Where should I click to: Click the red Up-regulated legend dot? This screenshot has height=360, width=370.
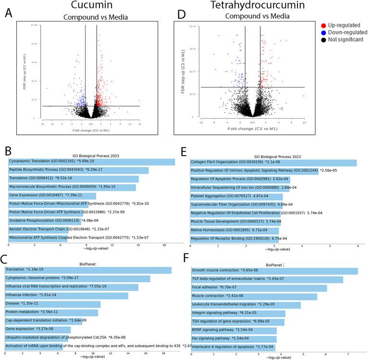click(325, 24)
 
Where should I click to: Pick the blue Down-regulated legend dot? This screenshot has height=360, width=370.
click(325, 32)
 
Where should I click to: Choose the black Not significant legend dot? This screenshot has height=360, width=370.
click(325, 39)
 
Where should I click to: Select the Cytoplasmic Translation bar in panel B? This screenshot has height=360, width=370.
click(91, 162)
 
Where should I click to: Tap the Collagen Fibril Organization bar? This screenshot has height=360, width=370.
click(274, 162)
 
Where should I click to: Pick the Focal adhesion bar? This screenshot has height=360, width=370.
click(259, 288)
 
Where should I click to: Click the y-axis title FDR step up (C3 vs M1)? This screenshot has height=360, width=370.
click(185, 70)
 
